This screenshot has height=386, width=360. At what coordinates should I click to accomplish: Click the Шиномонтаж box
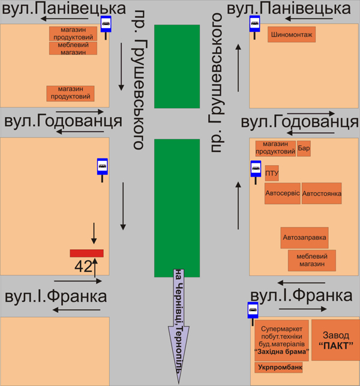tap(292, 35)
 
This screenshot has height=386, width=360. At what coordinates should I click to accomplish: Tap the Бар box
tap(304, 148)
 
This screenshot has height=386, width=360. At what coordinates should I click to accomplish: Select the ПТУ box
tap(272, 174)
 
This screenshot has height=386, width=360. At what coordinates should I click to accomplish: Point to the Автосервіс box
tap(282, 194)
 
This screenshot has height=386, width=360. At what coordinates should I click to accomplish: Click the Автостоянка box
tap(322, 194)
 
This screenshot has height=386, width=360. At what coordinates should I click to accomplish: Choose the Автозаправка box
tap(305, 237)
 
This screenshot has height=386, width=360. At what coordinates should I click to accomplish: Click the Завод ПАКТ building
tap(335, 340)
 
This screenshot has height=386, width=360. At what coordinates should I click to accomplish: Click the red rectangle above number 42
tap(87, 253)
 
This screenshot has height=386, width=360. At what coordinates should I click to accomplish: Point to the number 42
tap(82, 266)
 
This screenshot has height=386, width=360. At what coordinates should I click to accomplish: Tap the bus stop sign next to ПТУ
tap(255, 169)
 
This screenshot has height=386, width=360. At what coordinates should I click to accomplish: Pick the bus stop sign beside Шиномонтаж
tap(255, 25)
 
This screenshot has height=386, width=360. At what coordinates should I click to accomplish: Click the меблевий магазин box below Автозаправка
tap(312, 260)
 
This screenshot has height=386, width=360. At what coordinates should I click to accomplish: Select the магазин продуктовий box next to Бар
tap(275, 148)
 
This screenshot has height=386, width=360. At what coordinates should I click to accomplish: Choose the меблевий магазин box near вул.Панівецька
tap(73, 49)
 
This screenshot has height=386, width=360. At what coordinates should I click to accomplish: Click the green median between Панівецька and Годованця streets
tap(177, 66)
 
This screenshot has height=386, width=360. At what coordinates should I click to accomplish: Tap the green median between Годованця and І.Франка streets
tap(177, 207)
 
